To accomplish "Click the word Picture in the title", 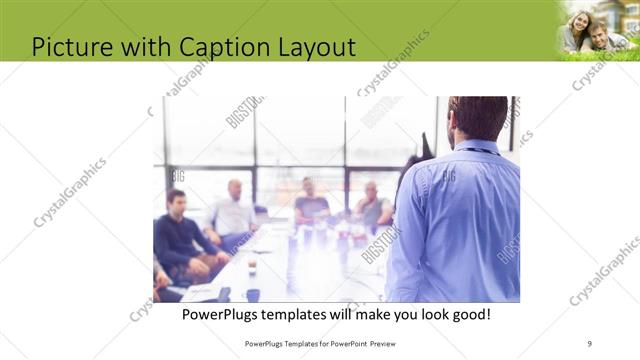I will (x=71, y=46).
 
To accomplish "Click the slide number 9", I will (x=589, y=343).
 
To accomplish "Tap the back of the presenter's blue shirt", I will (x=460, y=220).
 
